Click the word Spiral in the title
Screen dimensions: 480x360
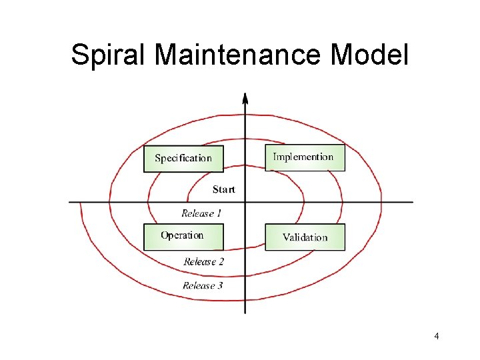(x=109, y=55)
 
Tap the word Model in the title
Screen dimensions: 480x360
(x=369, y=55)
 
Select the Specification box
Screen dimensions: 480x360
(x=183, y=159)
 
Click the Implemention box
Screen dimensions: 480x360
(x=305, y=158)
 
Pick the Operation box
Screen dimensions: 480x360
(x=183, y=237)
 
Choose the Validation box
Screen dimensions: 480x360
(x=305, y=237)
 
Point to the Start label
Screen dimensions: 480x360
(x=223, y=189)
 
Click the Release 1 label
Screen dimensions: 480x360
(x=201, y=213)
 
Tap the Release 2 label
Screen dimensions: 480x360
(x=203, y=261)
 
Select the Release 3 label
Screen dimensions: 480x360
(x=203, y=285)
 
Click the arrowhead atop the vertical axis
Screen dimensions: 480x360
(x=245, y=98)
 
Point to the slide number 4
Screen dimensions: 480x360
(x=436, y=336)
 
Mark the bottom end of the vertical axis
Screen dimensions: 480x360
(x=245, y=313)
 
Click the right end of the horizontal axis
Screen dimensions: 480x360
(x=412, y=201)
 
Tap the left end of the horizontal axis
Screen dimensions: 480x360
(x=70, y=201)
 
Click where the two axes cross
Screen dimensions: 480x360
(x=245, y=201)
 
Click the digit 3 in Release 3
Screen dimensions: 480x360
(x=219, y=285)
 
